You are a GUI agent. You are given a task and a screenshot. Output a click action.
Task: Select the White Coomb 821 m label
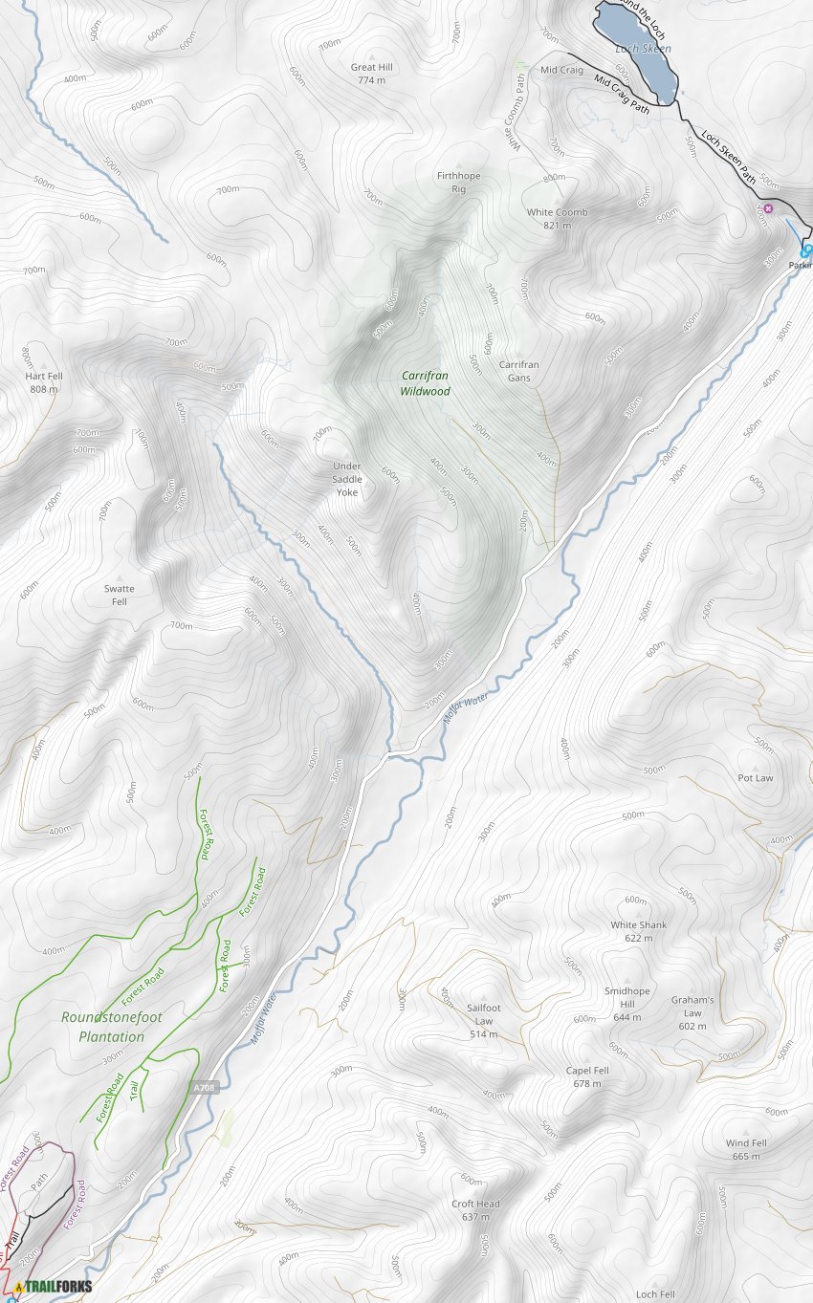[x=557, y=218]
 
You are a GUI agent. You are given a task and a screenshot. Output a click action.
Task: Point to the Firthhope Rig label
[x=459, y=183]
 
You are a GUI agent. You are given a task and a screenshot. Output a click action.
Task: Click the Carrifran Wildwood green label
[x=425, y=383]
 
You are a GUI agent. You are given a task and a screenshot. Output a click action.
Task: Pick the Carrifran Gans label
[x=519, y=371]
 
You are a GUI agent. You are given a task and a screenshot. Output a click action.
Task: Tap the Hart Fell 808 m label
[x=44, y=382]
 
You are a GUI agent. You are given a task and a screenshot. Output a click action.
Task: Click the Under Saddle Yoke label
[x=346, y=479]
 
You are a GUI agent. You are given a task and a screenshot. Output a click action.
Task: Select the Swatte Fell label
[x=120, y=595]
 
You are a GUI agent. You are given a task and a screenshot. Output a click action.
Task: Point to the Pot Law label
[x=756, y=778]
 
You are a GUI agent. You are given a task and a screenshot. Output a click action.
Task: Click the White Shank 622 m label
[x=639, y=931]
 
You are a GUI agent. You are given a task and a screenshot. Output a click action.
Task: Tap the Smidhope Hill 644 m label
[x=627, y=1004]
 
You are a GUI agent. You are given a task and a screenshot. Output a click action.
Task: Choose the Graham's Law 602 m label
[x=692, y=1012]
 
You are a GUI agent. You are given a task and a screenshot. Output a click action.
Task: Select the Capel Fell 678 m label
[x=587, y=1076]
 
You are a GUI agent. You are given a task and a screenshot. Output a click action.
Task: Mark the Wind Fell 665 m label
[x=746, y=1149]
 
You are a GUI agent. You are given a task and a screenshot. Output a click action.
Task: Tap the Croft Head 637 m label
[x=475, y=1209]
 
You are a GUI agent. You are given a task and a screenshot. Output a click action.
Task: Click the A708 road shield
[x=205, y=1088]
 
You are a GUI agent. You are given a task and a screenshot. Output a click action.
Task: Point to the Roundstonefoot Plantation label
[x=103, y=1027]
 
